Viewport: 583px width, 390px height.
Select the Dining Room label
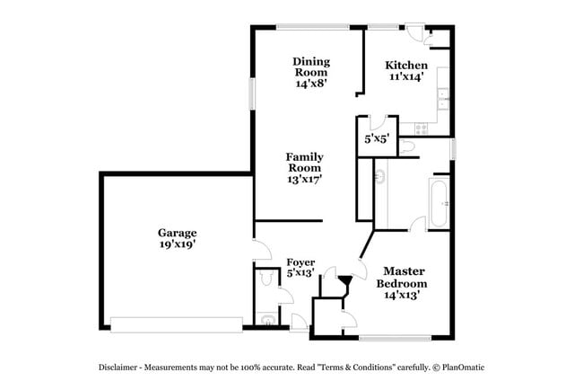311,66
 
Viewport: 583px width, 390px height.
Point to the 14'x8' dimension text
311,83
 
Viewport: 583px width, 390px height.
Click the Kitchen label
406,66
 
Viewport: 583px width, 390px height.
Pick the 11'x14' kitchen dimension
406,78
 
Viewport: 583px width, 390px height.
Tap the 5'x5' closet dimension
376,139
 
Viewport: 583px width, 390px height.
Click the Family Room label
305,162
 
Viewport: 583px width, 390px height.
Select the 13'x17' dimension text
305,178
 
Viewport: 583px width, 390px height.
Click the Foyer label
300,262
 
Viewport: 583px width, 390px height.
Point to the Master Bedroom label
405,276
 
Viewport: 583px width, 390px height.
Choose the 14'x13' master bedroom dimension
403,294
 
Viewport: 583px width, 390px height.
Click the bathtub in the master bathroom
439,202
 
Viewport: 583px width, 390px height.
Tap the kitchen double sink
442,100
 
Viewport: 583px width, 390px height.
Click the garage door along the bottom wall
176,323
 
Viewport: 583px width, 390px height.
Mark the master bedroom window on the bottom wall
397,338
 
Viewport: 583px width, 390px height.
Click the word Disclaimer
121,368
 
